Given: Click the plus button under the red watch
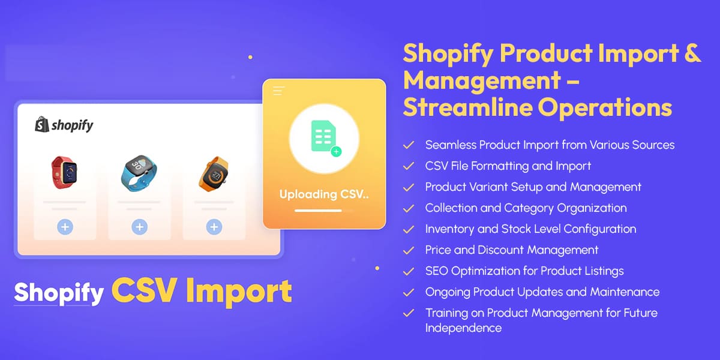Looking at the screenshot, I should [x=65, y=227].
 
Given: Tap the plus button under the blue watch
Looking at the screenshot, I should [x=139, y=227].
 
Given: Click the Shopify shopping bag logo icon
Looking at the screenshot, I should [x=41, y=124].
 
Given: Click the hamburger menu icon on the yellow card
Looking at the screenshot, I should [x=278, y=91].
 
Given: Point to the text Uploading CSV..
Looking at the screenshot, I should [x=324, y=194].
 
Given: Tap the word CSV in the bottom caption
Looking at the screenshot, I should [x=145, y=292].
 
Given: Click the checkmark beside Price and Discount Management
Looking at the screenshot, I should [x=409, y=250].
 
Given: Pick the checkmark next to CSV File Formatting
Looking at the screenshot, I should [x=409, y=166].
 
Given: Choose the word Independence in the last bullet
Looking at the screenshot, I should [x=463, y=328].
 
